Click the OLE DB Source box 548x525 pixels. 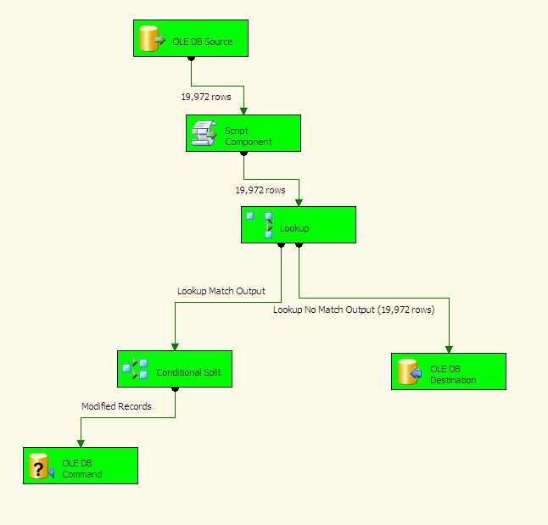coord(191,38)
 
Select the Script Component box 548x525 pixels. coord(243,133)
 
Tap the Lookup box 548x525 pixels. coord(298,225)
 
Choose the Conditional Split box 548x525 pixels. coord(174,369)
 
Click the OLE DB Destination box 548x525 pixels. coord(449,371)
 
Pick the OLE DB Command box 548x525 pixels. coord(81,466)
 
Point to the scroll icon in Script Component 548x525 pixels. coord(204,133)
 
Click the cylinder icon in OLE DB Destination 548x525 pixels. coord(409,371)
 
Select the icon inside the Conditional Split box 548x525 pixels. coord(135,369)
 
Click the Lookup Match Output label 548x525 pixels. coord(221,291)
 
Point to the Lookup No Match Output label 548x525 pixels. coord(354,310)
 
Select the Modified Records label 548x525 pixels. coord(116,406)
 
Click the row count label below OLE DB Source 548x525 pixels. coord(205,97)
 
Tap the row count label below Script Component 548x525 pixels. coord(260,190)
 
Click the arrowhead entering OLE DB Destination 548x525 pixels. coord(449,348)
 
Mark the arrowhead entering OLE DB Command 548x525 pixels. coord(81,442)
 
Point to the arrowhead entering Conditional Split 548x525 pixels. coord(175,346)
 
